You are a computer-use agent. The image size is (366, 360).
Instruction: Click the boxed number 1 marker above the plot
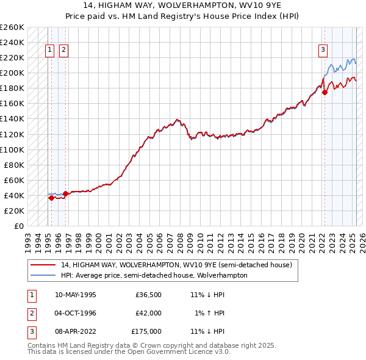[49, 51]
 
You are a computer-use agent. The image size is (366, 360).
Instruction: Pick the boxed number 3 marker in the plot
[323, 51]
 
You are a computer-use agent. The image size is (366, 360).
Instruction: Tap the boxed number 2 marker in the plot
[63, 51]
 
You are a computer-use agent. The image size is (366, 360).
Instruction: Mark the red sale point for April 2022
[325, 92]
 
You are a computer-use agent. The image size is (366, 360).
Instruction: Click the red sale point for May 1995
[51, 198]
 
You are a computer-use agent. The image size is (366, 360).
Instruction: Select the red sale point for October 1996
[65, 193]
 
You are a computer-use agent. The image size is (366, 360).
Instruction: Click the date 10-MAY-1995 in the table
[76, 295]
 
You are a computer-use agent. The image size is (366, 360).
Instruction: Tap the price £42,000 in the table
[148, 313]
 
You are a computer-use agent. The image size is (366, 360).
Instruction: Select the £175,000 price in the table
[146, 331]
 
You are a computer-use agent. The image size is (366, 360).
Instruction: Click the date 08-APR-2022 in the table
[76, 331]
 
